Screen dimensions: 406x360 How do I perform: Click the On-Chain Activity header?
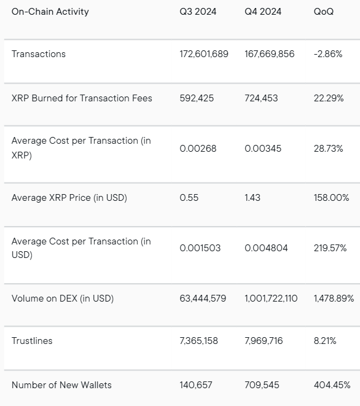(x=50, y=12)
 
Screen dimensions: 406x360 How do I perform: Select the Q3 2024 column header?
(x=198, y=12)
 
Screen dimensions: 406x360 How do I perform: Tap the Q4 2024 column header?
(x=263, y=12)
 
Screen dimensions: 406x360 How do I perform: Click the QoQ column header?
(x=324, y=12)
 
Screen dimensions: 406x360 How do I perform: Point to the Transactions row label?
(x=39, y=54)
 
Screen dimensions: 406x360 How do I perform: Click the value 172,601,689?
(x=204, y=54)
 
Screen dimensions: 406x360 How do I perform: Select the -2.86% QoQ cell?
(x=329, y=54)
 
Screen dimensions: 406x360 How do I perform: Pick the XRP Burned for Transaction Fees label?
(x=82, y=98)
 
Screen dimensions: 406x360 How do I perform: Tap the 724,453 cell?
(x=262, y=98)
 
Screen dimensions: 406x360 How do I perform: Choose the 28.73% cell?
(x=329, y=149)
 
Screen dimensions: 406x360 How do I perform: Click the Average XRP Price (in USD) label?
(x=69, y=198)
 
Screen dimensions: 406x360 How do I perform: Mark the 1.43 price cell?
(x=252, y=198)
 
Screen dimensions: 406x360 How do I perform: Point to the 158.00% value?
(x=331, y=198)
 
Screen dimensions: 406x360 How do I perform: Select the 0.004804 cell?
(x=265, y=248)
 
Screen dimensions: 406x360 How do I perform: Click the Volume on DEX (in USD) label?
(x=63, y=299)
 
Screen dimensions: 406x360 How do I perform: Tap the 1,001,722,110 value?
(x=271, y=299)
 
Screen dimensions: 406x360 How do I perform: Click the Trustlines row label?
(x=32, y=341)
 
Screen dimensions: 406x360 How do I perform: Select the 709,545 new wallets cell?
(x=262, y=385)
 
